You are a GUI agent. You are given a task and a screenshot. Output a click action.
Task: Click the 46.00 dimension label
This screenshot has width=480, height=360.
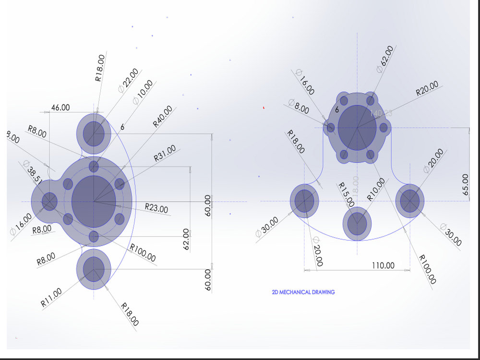point(60,108)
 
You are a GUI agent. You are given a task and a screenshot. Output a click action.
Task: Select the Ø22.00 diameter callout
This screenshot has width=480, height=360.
point(128,80)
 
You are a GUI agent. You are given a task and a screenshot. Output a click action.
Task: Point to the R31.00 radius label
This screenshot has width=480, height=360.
point(165,153)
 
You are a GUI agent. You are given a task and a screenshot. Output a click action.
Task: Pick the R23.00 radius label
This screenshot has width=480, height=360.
point(156,209)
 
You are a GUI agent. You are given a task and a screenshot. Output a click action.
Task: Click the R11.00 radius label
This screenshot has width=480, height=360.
point(51,297)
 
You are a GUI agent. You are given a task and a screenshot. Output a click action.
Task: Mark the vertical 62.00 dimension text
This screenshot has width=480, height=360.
point(186,240)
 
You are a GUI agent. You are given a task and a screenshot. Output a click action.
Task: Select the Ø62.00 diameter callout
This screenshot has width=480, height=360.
point(385,59)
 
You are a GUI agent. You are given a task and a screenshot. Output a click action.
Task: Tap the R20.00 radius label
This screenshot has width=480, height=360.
point(427,89)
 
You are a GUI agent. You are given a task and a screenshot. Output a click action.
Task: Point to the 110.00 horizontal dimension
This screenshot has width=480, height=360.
point(384,265)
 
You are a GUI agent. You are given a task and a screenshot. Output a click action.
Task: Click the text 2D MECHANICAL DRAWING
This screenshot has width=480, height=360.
point(303,292)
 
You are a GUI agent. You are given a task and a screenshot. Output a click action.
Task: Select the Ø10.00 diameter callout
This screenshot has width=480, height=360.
point(143,92)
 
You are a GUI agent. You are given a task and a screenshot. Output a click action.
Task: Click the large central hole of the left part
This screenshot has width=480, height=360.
point(94,201)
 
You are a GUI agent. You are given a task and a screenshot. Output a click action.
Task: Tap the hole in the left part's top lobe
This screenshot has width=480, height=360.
point(94,134)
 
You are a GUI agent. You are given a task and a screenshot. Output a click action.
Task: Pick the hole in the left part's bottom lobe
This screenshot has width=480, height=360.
point(94,269)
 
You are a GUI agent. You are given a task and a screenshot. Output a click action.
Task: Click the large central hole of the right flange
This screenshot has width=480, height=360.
point(357,127)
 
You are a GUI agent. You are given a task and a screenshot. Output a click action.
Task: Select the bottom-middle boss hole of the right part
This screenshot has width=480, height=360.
point(357,223)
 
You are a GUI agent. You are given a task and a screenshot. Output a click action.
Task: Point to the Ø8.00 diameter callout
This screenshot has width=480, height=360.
point(299,106)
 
